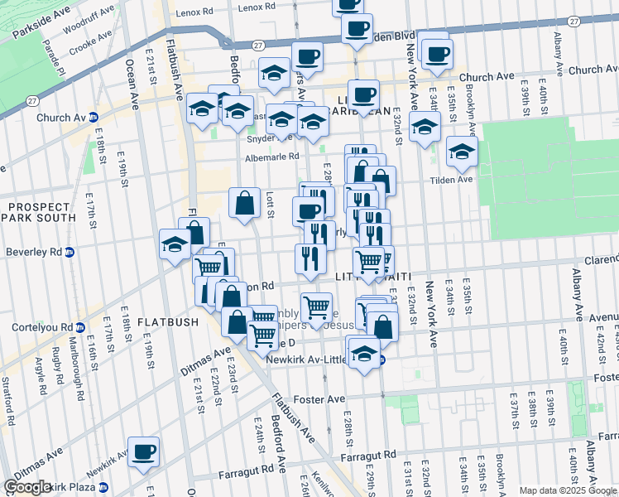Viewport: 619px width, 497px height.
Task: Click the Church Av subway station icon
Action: [x=94, y=118]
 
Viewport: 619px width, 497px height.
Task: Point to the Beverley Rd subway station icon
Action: [x=70, y=252]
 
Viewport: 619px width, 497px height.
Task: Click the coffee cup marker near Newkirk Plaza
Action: [x=143, y=452]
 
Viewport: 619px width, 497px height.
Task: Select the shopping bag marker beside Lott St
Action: [x=244, y=202]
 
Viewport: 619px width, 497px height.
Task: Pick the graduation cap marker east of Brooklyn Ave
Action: [x=462, y=152]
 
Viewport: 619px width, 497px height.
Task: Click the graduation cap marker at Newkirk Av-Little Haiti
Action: [x=364, y=354]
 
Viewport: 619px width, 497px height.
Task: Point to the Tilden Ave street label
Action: [x=451, y=179]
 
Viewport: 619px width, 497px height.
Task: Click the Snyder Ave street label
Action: [x=242, y=139]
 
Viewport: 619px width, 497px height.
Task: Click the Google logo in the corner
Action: [x=27, y=487]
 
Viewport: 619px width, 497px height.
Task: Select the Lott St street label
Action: [x=271, y=205]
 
